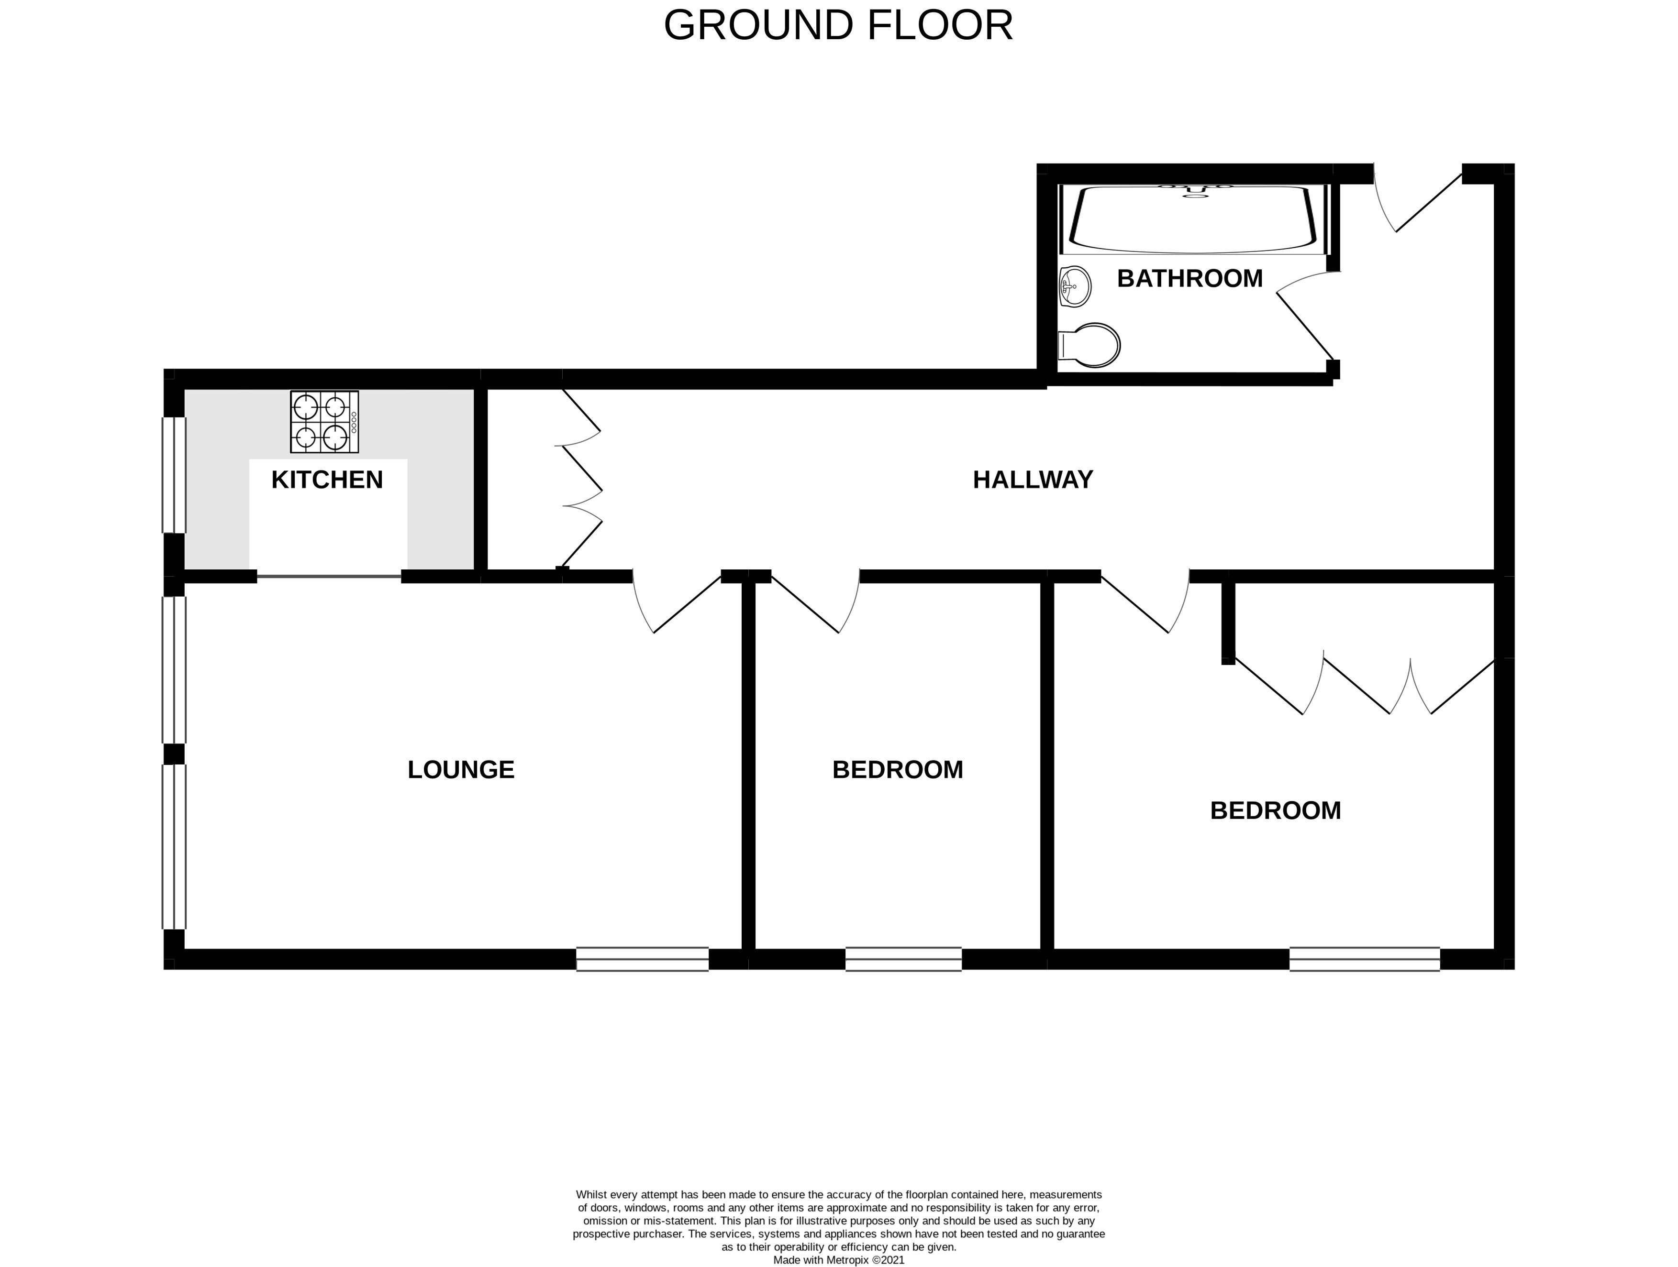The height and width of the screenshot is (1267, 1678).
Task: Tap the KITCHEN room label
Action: (x=327, y=480)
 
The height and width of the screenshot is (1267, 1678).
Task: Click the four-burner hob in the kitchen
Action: (x=324, y=422)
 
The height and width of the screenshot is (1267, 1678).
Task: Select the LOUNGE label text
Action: (x=460, y=770)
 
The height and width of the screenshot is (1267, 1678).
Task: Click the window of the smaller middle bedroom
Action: (x=903, y=959)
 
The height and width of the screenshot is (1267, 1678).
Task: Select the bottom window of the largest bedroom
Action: (x=1364, y=959)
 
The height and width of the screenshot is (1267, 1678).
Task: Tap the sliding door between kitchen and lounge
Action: (x=328, y=577)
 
